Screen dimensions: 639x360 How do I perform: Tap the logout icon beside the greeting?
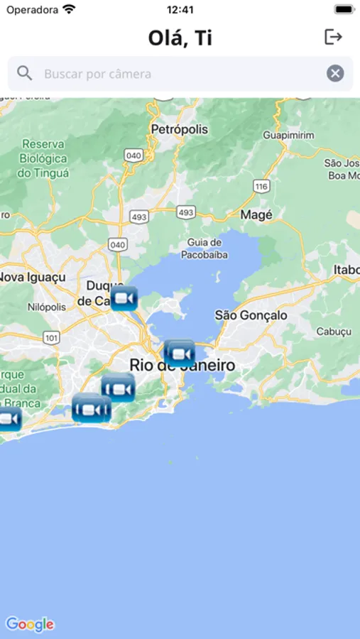click(333, 37)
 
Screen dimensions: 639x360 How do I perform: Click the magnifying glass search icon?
click(25, 73)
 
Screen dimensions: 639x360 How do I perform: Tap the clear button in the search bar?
click(335, 73)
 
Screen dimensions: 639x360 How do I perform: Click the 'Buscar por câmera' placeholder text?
click(97, 73)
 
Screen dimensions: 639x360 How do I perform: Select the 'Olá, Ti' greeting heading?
click(180, 38)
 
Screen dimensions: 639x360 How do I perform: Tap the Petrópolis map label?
click(180, 129)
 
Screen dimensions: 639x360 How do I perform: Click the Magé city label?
click(256, 214)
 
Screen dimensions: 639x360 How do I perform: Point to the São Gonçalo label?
click(251, 315)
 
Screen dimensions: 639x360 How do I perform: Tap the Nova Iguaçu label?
click(33, 277)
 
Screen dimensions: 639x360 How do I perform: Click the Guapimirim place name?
click(288, 135)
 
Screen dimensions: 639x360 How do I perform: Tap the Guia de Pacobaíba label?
click(204, 247)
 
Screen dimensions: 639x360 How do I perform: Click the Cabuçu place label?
click(334, 332)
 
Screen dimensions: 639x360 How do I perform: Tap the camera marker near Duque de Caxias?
click(124, 299)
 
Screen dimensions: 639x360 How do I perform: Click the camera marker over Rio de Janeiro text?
click(180, 354)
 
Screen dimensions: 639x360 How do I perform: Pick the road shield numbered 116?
click(261, 186)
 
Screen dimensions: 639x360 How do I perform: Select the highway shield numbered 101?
click(50, 338)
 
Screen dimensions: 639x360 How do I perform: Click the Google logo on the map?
click(30, 624)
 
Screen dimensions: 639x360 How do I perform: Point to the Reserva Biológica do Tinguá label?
click(43, 158)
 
